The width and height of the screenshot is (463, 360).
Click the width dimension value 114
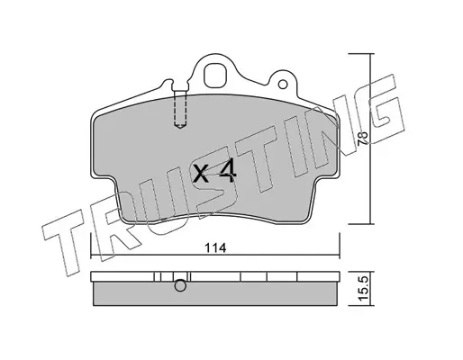click(215, 248)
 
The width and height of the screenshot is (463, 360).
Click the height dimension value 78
click(363, 139)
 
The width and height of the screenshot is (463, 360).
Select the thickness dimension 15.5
click(362, 289)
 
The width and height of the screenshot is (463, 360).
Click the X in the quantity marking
click(201, 174)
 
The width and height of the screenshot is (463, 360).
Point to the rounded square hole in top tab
click(214, 76)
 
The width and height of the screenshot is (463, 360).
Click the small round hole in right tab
click(283, 85)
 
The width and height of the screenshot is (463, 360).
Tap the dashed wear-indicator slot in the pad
click(180, 109)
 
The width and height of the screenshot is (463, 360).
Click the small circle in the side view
click(180, 285)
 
